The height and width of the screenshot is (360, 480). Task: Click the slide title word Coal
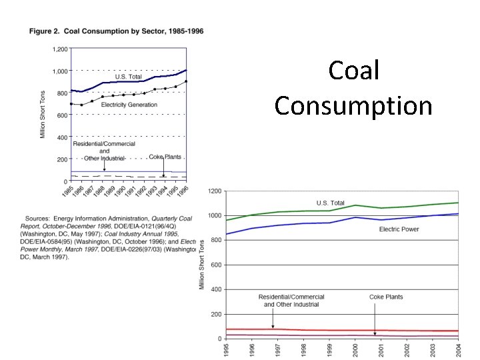[x=353, y=71]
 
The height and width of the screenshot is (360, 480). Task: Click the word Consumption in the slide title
[x=353, y=105]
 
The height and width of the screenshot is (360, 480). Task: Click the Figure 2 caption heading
[x=115, y=31]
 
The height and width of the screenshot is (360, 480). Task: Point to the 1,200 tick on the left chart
[x=59, y=49]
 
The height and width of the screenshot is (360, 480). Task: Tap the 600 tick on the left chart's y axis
[x=62, y=115]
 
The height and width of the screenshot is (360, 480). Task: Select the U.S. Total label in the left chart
[x=129, y=77]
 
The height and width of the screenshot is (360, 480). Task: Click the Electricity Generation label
[x=129, y=105]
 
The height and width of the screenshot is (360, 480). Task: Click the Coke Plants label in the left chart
[x=165, y=157]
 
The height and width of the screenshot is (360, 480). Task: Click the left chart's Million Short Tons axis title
[x=43, y=115]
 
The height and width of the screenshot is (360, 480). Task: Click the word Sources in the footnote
[x=40, y=218]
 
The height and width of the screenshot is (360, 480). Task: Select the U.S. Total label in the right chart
[x=330, y=203]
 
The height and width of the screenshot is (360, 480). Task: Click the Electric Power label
[x=399, y=229]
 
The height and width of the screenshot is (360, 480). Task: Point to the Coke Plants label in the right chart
[x=386, y=297]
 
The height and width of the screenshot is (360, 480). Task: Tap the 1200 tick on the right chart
[x=215, y=191]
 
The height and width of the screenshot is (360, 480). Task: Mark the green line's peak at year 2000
[x=356, y=205]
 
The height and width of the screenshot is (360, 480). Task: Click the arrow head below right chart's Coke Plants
[x=375, y=333]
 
